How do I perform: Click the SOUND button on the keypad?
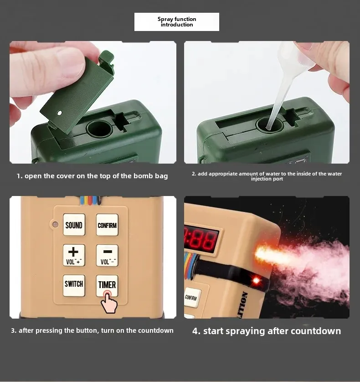[74, 225]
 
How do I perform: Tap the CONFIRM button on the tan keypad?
[107, 225]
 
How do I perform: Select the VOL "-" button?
[107, 255]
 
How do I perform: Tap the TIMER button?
[107, 284]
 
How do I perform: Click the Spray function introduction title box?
[177, 22]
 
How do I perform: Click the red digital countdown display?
[201, 237]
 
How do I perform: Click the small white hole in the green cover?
[59, 112]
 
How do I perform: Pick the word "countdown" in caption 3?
[155, 330]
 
